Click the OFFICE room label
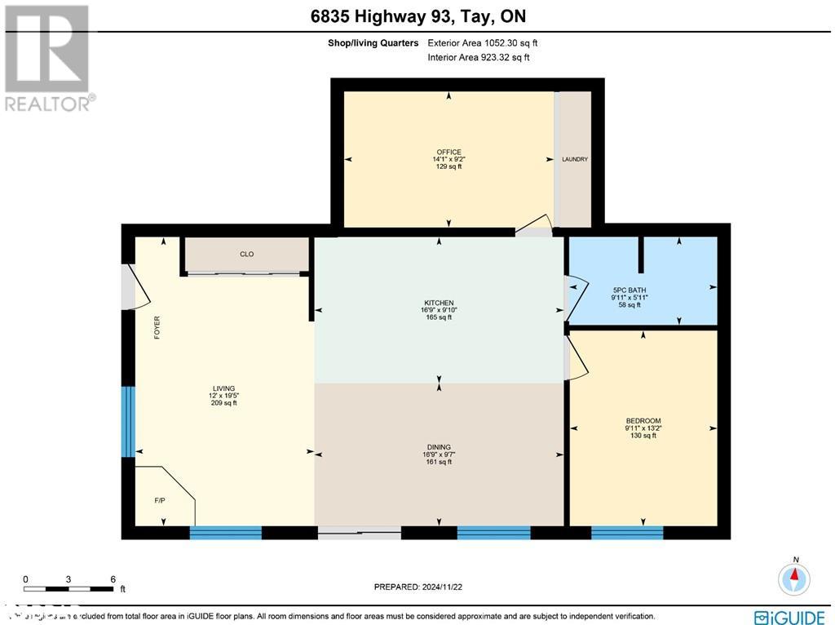click(x=448, y=152)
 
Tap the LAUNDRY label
click(x=574, y=160)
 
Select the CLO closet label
click(x=246, y=255)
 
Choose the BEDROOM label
click(x=643, y=421)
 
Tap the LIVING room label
click(x=223, y=388)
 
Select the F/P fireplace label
click(x=160, y=500)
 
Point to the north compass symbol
click(x=793, y=578)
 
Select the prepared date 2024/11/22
click(x=423, y=587)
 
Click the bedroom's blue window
click(x=626, y=533)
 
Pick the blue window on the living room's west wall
click(x=127, y=422)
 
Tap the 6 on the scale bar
click(x=113, y=579)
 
